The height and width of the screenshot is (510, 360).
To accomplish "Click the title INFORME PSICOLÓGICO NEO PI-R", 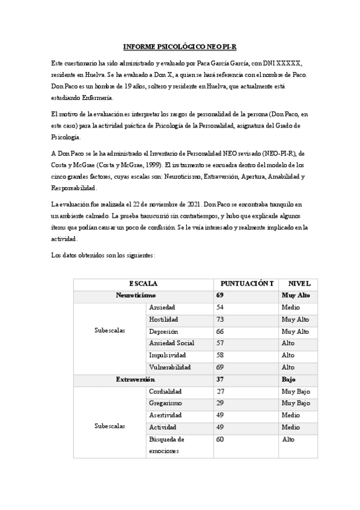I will pos(180,46).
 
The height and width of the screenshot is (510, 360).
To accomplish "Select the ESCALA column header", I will pos(143,283).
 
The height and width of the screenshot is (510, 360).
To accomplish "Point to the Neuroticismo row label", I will pos(136,295).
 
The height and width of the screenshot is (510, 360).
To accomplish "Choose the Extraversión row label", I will pos(135,379).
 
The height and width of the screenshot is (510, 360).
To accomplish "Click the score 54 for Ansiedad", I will pos(219,307).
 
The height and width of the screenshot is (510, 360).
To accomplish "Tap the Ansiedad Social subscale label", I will pos(172,343).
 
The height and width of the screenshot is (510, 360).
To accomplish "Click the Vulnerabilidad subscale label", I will pos(170,367).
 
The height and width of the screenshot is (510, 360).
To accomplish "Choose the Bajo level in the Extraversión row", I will pos(288,379).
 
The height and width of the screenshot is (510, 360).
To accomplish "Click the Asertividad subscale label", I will pos(165,415).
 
